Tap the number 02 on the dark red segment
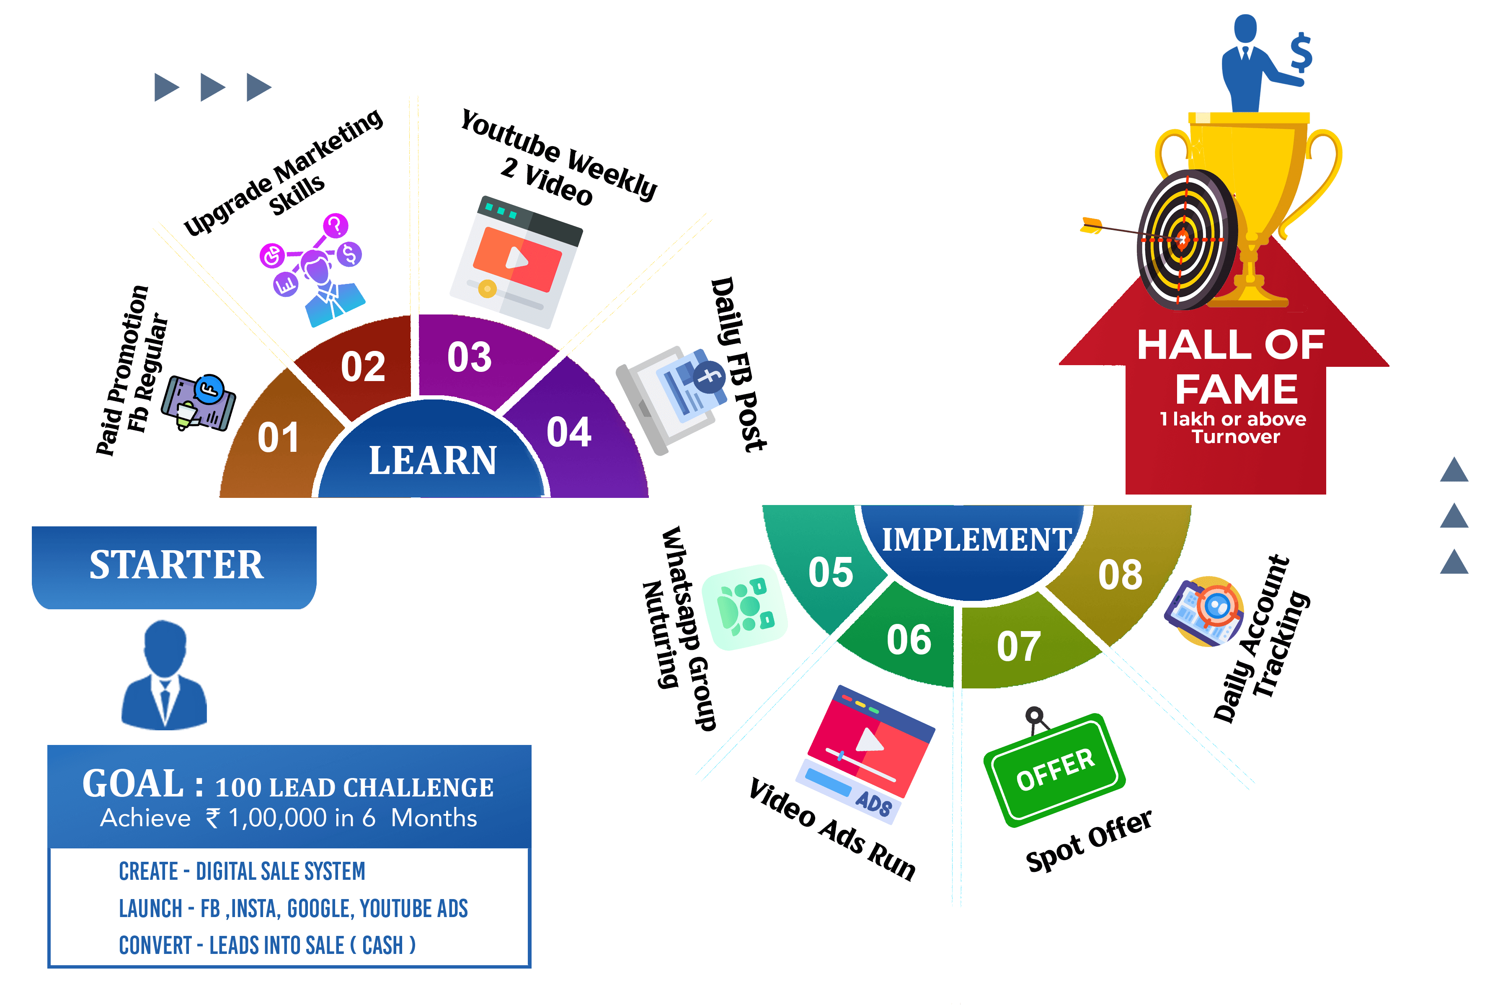tap(363, 367)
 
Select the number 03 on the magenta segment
tap(469, 357)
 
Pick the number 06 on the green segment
tap(909, 640)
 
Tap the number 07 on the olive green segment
tap(1018, 646)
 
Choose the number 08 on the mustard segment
tap(1120, 574)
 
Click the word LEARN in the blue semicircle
tap(433, 460)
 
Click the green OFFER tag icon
tap(1055, 770)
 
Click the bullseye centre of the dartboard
tap(1183, 240)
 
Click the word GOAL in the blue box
tap(133, 784)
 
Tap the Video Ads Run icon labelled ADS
tap(865, 753)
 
